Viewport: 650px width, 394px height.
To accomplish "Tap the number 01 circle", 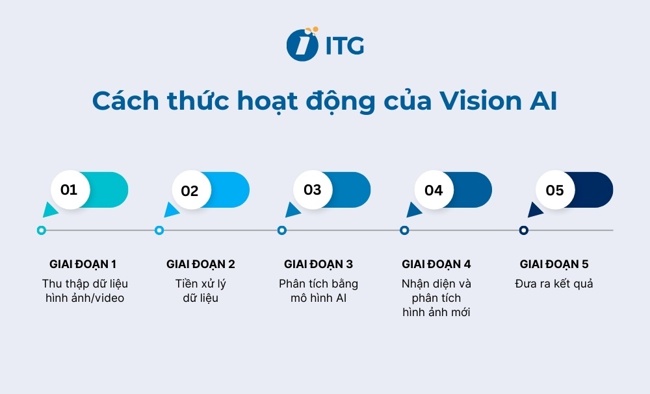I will coord(69,190).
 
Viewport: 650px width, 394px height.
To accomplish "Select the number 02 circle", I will coord(190,191).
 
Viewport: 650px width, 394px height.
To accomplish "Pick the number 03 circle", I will coord(313,190).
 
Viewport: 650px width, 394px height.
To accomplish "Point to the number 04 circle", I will coord(434,190).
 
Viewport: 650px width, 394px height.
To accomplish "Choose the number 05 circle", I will coord(554,190).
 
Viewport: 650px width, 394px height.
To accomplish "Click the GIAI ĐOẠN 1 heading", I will coord(83,264).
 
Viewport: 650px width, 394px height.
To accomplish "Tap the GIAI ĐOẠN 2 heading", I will coord(201,264).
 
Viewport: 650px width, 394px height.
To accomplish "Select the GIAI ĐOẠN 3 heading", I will coord(318,264).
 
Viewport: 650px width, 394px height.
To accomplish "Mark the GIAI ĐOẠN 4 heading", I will coord(436,264).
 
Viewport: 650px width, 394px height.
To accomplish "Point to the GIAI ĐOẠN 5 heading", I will coord(554,264).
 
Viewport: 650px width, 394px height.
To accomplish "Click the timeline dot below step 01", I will coord(42,230).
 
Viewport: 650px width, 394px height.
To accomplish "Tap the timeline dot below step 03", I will coord(282,230).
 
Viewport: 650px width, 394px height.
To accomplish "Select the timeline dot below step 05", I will coord(524,230).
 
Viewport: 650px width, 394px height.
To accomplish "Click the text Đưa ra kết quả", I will coord(554,284).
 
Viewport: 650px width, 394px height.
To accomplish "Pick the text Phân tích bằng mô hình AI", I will coord(318,291).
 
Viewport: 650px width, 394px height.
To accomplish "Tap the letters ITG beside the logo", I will coord(344,45).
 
